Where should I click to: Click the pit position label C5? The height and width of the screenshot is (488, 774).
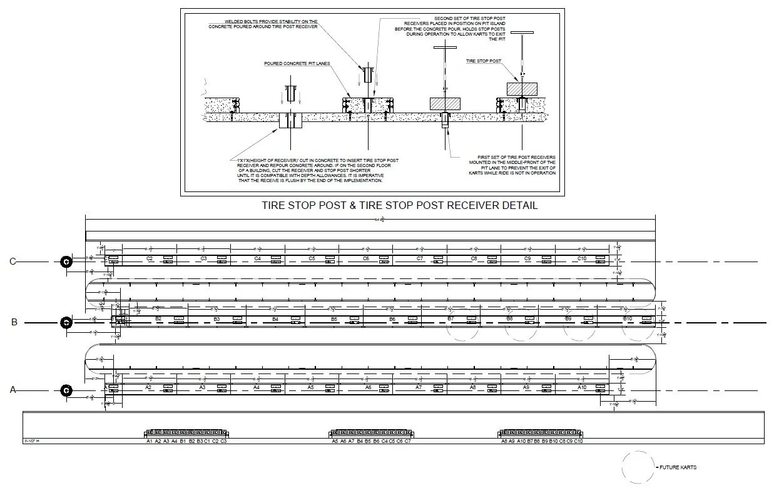click(312, 258)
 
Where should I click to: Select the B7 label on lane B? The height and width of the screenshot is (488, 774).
click(451, 319)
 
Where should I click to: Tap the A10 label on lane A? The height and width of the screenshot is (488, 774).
click(581, 388)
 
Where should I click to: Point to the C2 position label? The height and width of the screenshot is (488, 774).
click(150, 258)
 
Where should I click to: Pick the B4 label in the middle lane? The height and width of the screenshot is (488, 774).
click(275, 319)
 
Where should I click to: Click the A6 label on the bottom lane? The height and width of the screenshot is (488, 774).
click(368, 388)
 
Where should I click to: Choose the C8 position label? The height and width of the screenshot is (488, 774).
click(474, 258)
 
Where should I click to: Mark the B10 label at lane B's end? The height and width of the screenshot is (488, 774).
click(628, 319)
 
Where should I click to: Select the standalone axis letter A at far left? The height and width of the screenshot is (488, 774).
click(13, 390)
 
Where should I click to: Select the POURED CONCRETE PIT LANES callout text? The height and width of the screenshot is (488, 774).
click(297, 64)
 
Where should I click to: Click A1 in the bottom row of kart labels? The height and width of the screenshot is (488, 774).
click(150, 441)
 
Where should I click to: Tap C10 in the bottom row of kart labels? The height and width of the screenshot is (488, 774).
click(579, 441)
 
